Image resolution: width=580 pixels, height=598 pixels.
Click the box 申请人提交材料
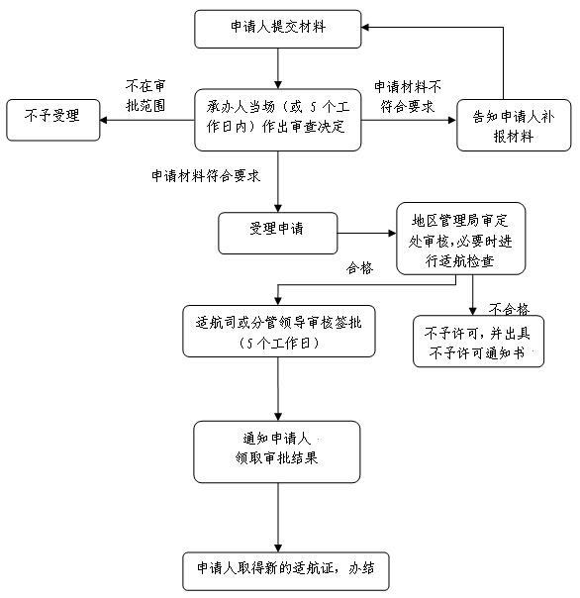(x=277, y=29)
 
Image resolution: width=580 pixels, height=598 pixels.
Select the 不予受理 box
(x=53, y=120)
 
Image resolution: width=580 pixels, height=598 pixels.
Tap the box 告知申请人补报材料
(x=514, y=125)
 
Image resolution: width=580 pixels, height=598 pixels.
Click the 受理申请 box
(x=277, y=233)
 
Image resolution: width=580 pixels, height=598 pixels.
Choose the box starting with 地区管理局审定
(x=460, y=239)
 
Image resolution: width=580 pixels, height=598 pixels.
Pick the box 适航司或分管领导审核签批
(x=279, y=331)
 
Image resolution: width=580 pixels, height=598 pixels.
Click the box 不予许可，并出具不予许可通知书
(x=478, y=341)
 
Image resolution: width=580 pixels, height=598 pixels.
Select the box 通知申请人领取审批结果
(x=277, y=451)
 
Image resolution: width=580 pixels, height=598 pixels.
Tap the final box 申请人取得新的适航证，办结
(x=286, y=571)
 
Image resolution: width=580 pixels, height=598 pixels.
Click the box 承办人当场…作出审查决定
(x=277, y=120)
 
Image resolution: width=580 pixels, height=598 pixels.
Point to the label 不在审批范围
(x=145, y=96)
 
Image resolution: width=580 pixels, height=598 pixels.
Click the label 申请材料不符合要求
(x=408, y=96)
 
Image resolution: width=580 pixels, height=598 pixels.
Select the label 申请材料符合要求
(x=206, y=176)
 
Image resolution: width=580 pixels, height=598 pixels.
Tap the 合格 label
(x=359, y=268)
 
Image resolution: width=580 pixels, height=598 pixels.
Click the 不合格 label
(x=509, y=309)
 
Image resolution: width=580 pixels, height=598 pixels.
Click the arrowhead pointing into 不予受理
(x=104, y=120)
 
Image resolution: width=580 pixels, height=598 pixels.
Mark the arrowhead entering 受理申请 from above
(x=278, y=208)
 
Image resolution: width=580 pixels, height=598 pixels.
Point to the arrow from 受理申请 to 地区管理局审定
(x=367, y=233)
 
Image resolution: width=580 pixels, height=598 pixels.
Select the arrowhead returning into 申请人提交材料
(x=365, y=28)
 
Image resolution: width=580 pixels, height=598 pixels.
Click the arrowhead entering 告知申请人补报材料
(x=452, y=120)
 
